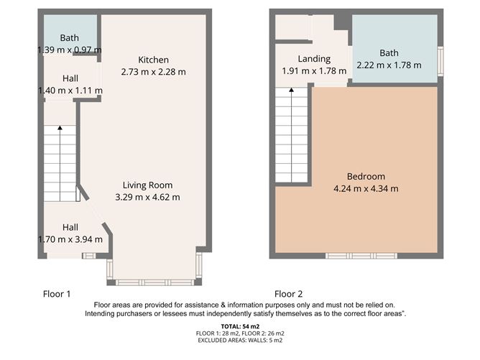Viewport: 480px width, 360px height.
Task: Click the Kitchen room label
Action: (x=154, y=60)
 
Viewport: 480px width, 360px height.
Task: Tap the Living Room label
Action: (x=147, y=185)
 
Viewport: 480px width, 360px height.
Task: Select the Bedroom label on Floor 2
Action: (x=366, y=177)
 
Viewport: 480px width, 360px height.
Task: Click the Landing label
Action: (x=314, y=59)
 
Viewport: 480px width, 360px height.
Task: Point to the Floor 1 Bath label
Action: (x=70, y=38)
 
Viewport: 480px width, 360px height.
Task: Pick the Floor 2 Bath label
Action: (x=389, y=53)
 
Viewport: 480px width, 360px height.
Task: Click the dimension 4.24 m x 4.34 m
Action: (x=366, y=189)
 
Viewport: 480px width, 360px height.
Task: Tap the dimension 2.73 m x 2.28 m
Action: (x=154, y=72)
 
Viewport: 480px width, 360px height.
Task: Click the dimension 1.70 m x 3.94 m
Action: (x=70, y=239)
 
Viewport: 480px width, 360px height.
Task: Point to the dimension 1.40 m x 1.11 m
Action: (x=70, y=91)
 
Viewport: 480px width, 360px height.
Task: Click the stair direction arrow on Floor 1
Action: (x=60, y=129)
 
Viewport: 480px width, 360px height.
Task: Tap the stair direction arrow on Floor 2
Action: (x=292, y=91)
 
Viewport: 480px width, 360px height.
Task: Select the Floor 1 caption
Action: (x=57, y=294)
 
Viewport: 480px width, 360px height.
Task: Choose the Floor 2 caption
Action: (x=288, y=294)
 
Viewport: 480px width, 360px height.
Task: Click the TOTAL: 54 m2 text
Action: (x=240, y=327)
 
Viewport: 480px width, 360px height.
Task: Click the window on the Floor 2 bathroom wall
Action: (x=441, y=56)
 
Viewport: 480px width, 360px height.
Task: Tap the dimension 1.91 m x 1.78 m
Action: (x=314, y=71)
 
